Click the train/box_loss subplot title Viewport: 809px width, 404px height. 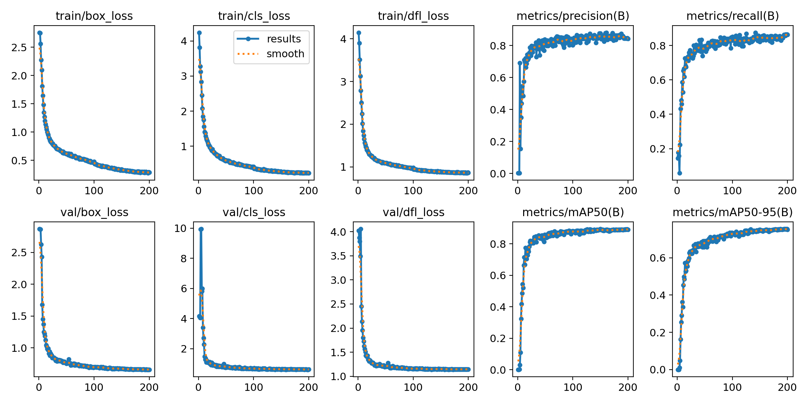click(94, 16)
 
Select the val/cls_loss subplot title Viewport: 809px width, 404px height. click(254, 212)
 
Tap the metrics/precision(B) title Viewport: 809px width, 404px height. click(573, 16)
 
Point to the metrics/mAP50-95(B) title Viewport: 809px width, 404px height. click(732, 212)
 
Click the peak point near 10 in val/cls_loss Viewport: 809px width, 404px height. click(201, 229)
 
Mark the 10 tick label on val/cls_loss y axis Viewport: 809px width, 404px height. click(180, 229)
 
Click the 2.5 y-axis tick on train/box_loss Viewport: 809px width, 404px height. click(19, 47)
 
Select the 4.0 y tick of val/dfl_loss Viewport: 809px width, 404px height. click(338, 232)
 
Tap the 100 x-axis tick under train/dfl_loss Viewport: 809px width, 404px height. click(413, 191)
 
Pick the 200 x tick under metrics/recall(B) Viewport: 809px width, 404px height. click(787, 191)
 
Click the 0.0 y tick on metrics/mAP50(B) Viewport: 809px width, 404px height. click(498, 370)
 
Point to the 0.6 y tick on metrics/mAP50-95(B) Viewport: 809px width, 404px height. click(658, 258)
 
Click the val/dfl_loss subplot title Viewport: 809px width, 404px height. click(413, 212)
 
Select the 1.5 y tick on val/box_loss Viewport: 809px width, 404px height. click(19, 316)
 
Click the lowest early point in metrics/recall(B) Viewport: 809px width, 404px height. click(680, 173)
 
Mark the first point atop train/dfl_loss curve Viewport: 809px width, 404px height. click(359, 33)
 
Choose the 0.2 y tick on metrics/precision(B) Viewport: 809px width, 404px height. click(498, 142)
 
